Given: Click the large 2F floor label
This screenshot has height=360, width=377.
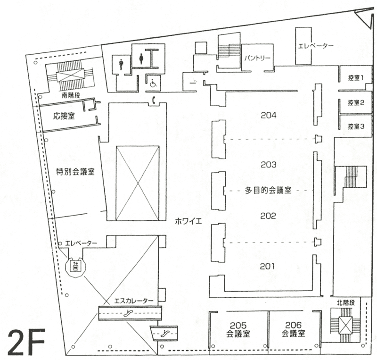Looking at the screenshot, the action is (x=26, y=342).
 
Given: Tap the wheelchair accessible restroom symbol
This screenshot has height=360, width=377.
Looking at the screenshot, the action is (x=153, y=84).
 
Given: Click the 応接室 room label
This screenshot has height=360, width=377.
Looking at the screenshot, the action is (x=64, y=116).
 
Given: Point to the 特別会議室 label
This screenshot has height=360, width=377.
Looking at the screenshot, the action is (x=75, y=171).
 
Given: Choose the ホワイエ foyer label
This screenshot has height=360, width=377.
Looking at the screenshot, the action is (x=188, y=221).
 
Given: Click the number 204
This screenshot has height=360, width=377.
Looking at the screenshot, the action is (x=269, y=115).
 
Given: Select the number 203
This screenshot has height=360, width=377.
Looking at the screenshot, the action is (x=269, y=165).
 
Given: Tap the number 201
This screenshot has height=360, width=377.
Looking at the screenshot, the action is (x=267, y=266).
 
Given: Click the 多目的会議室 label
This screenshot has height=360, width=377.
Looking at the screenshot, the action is (x=268, y=191).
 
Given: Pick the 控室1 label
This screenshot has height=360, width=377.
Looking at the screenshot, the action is (x=356, y=78).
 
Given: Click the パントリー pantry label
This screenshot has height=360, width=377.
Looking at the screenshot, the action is (x=257, y=58).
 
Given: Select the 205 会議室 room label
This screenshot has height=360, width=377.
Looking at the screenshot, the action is (x=238, y=329).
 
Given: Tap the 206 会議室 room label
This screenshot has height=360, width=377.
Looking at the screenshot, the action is (x=293, y=329).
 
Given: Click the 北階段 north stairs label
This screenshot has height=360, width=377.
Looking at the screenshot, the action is (x=346, y=303).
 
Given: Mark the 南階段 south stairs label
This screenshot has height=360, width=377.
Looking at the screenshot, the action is (x=71, y=95).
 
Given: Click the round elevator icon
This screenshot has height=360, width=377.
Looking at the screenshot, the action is (x=75, y=267).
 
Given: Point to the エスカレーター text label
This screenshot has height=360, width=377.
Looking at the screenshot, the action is (x=134, y=301).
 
